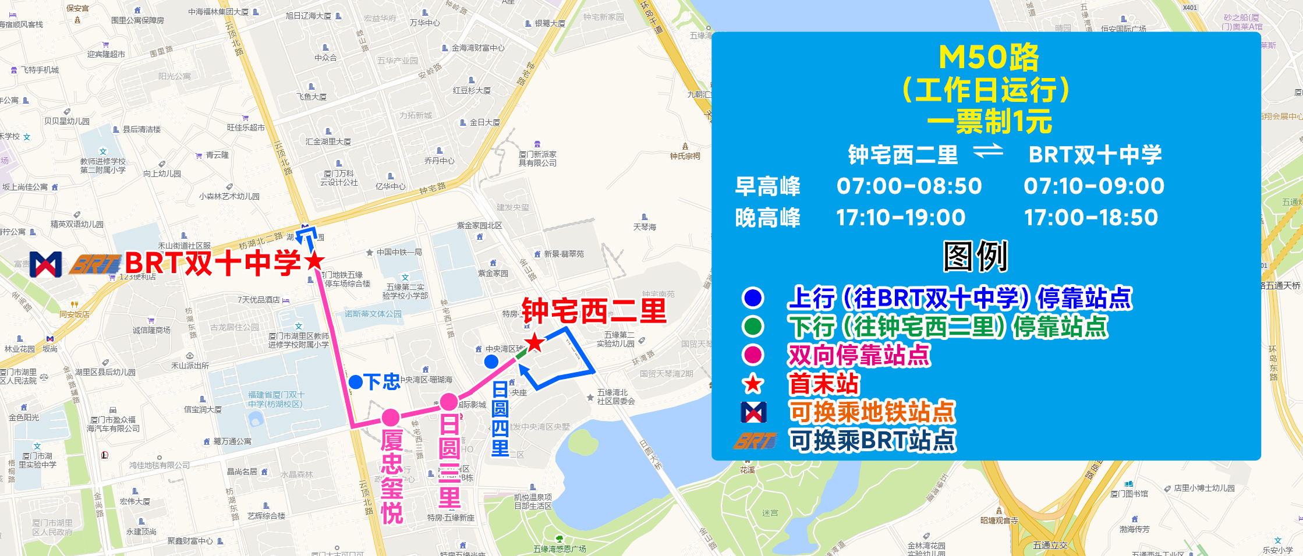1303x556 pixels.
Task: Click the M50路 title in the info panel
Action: pyautogui.click(x=989, y=57)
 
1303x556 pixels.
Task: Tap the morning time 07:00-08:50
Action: pyautogui.click(x=909, y=186)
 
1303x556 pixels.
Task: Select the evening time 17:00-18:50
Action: pyautogui.click(x=1090, y=218)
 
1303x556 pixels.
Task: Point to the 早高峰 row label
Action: pyautogui.click(x=767, y=186)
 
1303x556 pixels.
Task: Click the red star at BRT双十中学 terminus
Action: pyautogui.click(x=314, y=261)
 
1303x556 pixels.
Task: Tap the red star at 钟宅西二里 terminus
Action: pyautogui.click(x=534, y=343)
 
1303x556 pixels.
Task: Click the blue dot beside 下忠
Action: pyautogui.click(x=356, y=383)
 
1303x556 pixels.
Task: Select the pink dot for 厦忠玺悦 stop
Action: pyautogui.click(x=391, y=417)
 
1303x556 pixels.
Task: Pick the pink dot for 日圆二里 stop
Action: pyautogui.click(x=448, y=401)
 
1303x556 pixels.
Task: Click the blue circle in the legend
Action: pyautogui.click(x=753, y=298)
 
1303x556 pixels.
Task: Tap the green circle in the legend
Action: pyautogui.click(x=753, y=326)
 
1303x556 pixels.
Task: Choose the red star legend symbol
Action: pyautogui.click(x=753, y=384)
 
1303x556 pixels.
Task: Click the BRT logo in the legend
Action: pyautogui.click(x=755, y=441)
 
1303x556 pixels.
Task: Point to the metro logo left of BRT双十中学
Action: pyautogui.click(x=46, y=264)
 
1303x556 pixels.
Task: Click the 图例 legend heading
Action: pyautogui.click(x=975, y=256)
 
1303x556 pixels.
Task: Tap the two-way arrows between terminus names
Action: pyautogui.click(x=988, y=152)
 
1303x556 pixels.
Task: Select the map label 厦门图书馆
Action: pyautogui.click(x=1129, y=494)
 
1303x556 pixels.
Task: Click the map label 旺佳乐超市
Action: pyautogui.click(x=246, y=127)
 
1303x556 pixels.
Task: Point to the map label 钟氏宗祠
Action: pyautogui.click(x=685, y=155)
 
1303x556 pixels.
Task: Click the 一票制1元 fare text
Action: pyautogui.click(x=989, y=121)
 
